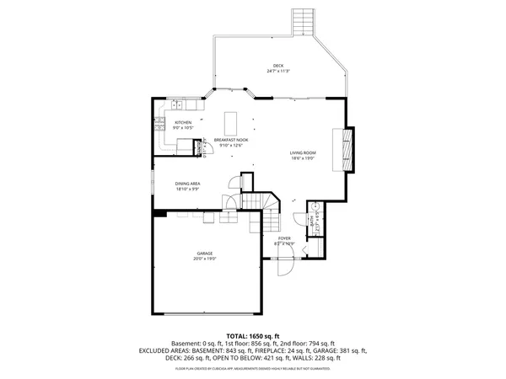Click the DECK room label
pyautogui.click(x=277, y=66)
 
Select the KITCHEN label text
pyautogui.click(x=183, y=123)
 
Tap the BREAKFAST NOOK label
pyautogui.click(x=230, y=140)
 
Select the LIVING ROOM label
pyautogui.click(x=303, y=152)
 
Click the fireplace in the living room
pyautogui.click(x=342, y=149)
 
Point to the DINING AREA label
pyautogui.click(x=187, y=184)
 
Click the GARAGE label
pyautogui.click(x=204, y=254)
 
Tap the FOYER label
pyautogui.click(x=284, y=238)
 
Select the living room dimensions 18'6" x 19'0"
pyautogui.click(x=303, y=158)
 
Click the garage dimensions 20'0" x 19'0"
pyautogui.click(x=204, y=259)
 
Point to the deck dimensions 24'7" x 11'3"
pyautogui.click(x=277, y=72)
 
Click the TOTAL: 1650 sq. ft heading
pyautogui.click(x=252, y=335)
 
